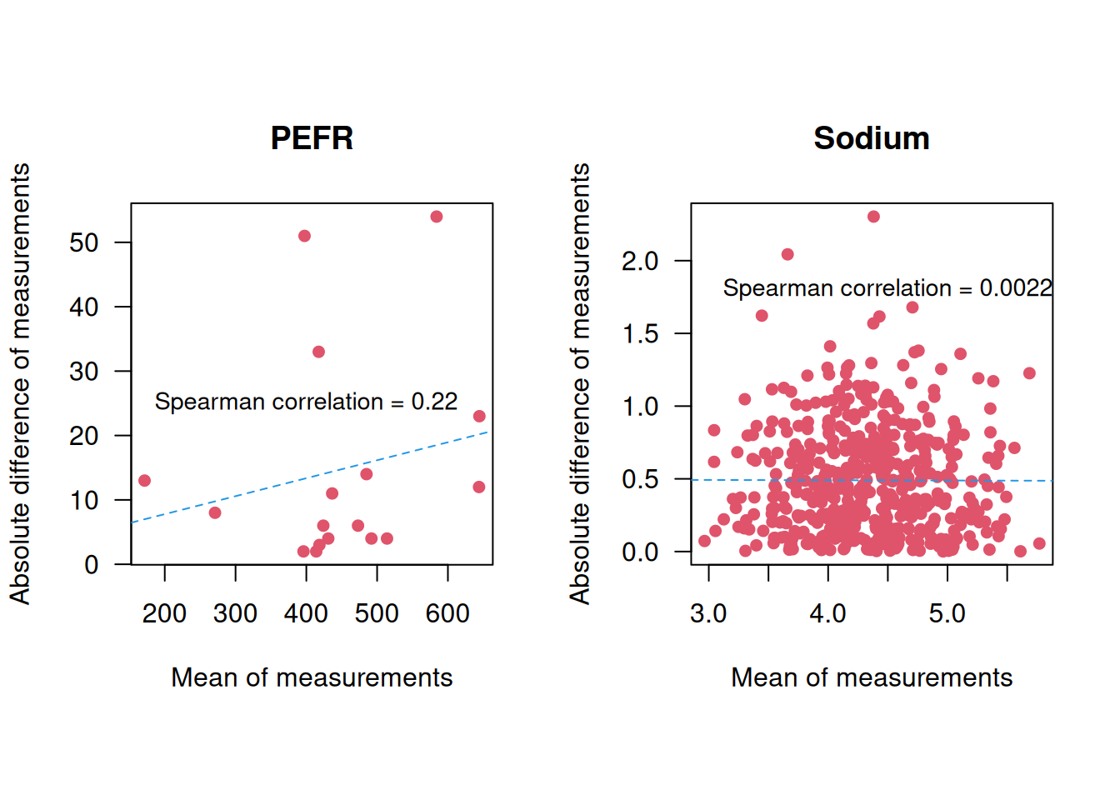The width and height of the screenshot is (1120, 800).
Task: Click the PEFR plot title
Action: [312, 138]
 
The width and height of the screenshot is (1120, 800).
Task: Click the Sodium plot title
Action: [871, 138]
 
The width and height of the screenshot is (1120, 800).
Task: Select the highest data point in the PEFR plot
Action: [437, 217]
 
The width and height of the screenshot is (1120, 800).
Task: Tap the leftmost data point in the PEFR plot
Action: [144, 481]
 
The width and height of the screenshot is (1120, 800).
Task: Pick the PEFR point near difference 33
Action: [318, 352]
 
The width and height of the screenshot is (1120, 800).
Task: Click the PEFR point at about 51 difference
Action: [304, 236]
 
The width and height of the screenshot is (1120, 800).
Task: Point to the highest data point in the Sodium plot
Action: [873, 217]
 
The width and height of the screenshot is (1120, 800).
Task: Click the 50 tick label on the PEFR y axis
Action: [84, 242]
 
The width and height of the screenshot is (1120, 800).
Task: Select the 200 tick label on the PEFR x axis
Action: [164, 614]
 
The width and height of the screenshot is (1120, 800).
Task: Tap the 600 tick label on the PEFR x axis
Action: [447, 614]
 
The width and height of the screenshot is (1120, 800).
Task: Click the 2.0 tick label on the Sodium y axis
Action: [640, 261]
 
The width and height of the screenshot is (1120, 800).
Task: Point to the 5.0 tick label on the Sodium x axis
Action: [947, 614]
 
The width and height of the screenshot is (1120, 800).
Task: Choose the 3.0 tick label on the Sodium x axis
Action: [708, 614]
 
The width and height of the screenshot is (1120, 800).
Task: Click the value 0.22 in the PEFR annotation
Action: [434, 402]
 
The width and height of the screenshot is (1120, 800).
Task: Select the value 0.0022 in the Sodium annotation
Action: [1016, 288]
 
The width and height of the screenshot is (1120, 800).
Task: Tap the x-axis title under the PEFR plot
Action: [312, 677]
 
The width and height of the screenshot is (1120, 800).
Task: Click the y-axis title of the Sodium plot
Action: [580, 383]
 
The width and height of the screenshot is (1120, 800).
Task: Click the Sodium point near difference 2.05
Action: [787, 254]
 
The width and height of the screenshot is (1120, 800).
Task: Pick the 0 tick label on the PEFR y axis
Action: [92, 565]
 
